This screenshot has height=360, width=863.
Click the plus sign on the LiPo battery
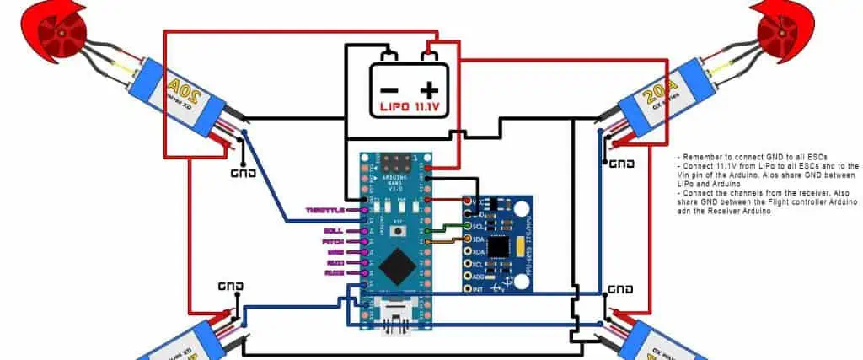tap(431, 89)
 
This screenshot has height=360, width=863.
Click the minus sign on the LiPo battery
tap(389, 89)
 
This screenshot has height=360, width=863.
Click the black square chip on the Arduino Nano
tap(396, 269)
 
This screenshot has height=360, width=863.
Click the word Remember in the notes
tap(703, 158)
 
